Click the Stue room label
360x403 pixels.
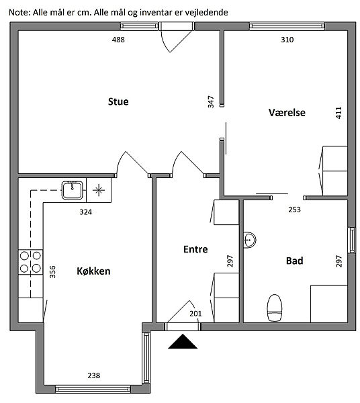click(118, 101)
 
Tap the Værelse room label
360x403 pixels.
click(287, 113)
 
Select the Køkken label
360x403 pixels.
click(93, 271)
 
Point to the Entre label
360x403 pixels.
click(195, 249)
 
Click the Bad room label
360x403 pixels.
click(294, 261)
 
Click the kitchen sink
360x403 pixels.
click(73, 190)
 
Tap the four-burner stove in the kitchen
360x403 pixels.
click(30, 262)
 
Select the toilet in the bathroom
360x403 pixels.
click(275, 308)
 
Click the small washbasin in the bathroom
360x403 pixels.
click(249, 240)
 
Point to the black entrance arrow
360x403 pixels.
click(183, 342)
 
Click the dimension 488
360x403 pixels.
click(118, 40)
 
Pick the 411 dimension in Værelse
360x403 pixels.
click(339, 113)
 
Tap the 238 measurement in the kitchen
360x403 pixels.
click(94, 375)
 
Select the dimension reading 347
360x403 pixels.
click(211, 102)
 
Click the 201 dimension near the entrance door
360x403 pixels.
click(195, 314)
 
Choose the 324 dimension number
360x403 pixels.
click(85, 212)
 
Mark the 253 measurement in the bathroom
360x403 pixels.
click(294, 210)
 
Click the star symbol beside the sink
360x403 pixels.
click(99, 191)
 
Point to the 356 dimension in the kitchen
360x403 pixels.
click(52, 272)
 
